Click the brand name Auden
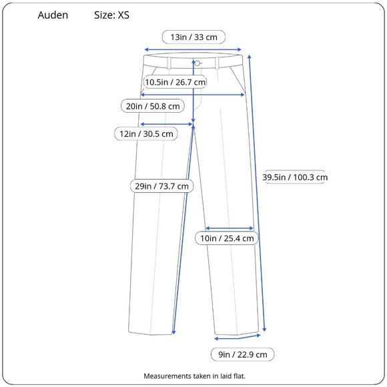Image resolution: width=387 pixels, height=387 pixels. coord(53,15)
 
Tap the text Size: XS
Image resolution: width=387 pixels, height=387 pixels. coord(111,15)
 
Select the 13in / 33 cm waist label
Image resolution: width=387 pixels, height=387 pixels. coord(193,37)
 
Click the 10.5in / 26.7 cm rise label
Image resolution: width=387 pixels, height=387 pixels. coord(175,82)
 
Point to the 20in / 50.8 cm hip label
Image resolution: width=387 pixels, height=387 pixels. coord(153,106)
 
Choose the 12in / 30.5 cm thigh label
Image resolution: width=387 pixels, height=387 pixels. coord(146,133)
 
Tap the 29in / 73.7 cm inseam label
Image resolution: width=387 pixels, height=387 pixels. coord(161,186)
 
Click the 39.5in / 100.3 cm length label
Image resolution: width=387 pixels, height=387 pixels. coord(295,177)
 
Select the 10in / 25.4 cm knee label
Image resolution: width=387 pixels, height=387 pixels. coord(227,238)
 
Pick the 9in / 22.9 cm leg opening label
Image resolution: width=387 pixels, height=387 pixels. coord(243,354)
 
